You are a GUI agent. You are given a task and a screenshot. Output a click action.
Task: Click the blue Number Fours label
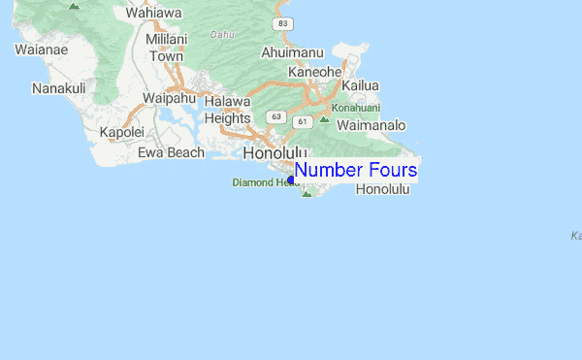tap(356, 171)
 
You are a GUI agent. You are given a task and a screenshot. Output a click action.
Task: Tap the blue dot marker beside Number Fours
tap(291, 180)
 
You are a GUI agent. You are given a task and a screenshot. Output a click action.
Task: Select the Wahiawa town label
tap(154, 14)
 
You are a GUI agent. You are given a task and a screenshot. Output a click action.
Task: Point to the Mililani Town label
tap(164, 48)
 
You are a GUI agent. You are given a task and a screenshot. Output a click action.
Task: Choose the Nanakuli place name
tap(59, 88)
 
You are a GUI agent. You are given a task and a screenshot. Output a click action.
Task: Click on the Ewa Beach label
tap(171, 152)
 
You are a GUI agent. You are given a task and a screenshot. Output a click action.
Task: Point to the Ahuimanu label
tap(291, 52)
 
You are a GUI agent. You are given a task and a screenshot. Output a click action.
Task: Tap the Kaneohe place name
tap(315, 72)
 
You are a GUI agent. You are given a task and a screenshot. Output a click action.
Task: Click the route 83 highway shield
tap(281, 22)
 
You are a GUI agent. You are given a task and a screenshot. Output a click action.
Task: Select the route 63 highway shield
tap(276, 116)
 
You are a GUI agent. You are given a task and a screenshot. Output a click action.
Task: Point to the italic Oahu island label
tap(223, 35)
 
